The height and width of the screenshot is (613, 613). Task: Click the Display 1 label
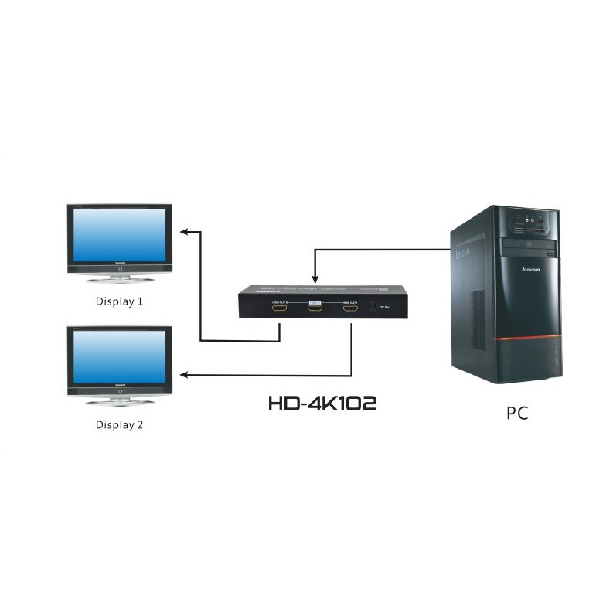tap(119, 301)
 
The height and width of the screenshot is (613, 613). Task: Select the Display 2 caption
tap(119, 424)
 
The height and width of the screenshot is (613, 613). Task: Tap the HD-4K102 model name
tap(322, 403)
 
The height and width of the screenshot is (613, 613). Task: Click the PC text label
tap(517, 413)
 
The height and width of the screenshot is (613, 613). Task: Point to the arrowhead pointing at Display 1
tap(184, 231)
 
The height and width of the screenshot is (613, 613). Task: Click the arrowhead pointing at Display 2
tap(184, 375)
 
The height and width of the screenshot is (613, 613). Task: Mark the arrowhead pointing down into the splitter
tap(314, 279)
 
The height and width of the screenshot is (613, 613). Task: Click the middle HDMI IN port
tap(315, 309)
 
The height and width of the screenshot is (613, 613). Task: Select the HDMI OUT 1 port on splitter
tap(351, 309)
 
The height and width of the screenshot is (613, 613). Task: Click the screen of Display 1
tap(119, 235)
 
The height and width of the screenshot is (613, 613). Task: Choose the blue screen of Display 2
tap(119, 357)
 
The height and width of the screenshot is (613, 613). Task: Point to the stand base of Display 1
tap(119, 281)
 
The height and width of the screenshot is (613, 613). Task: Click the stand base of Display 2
tap(119, 402)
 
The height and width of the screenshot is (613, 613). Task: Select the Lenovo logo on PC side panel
tap(463, 254)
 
